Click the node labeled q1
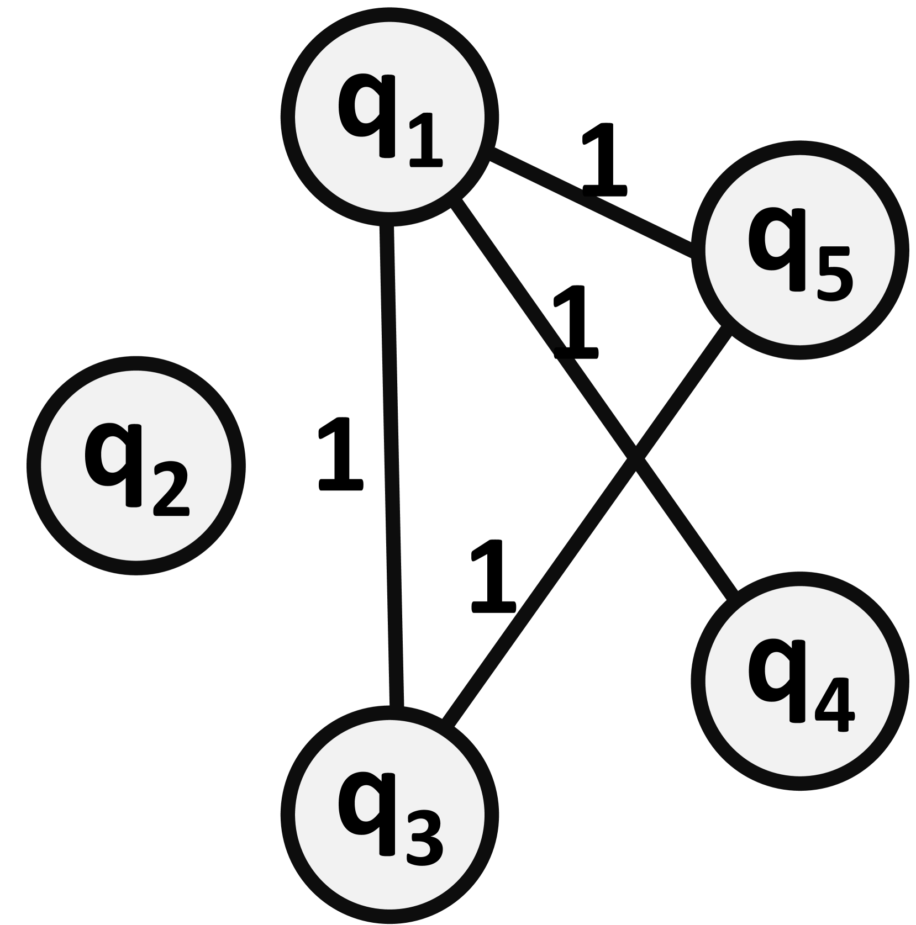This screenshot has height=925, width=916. click(389, 117)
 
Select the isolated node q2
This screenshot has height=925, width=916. click(135, 465)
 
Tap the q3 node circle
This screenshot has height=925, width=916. click(389, 814)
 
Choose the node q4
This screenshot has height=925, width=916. click(799, 681)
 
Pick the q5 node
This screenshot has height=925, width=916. click(799, 250)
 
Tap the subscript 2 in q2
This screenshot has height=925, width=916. click(171, 489)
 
